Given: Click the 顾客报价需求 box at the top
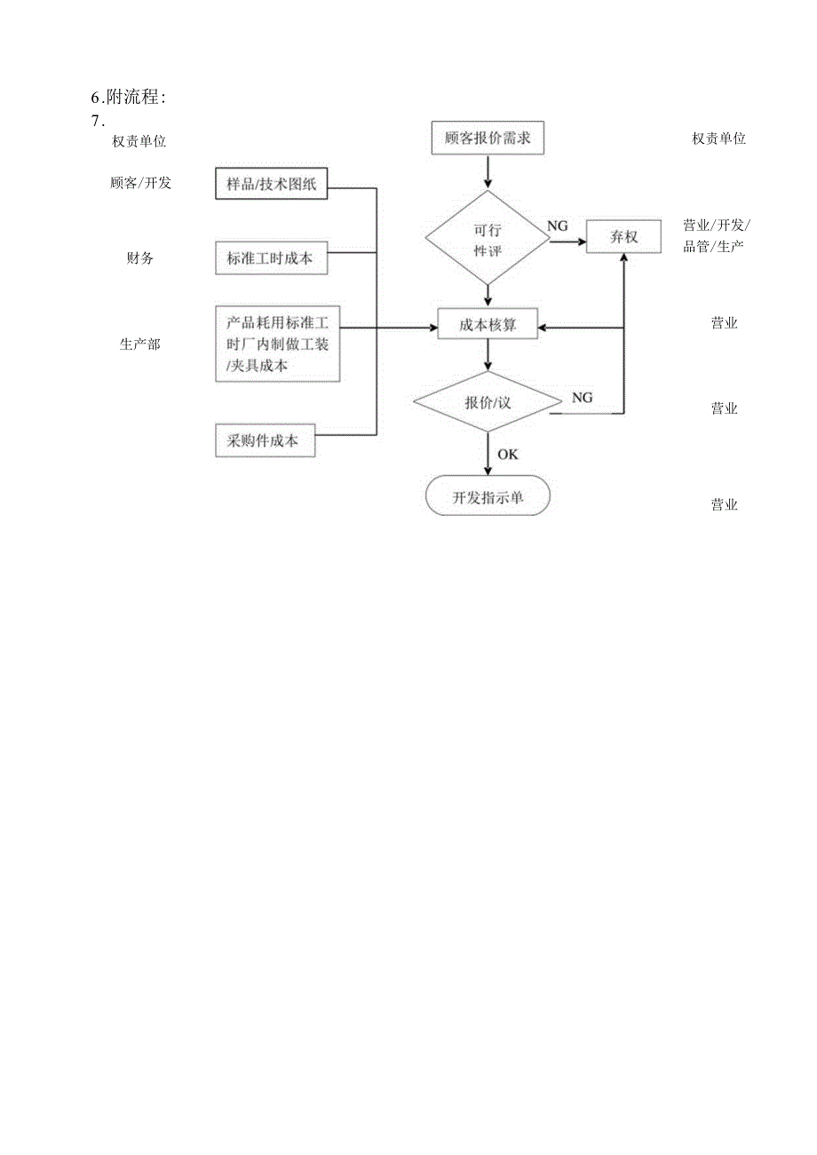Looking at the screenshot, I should coord(487,139).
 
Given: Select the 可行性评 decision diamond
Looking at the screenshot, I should coord(487,238).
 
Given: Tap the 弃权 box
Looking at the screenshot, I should coord(623,237).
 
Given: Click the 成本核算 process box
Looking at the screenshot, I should coord(488,326).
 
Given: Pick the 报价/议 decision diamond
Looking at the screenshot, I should coord(488,401).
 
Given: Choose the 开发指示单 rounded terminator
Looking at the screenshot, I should coord(488,497).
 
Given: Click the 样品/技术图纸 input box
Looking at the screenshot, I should coord(271,185).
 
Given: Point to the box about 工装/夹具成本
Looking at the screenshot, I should coord(277,344).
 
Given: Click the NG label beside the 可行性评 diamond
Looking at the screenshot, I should coord(557,226).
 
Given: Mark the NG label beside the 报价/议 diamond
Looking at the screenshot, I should coord(582,398).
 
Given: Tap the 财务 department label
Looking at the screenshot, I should coord(139,258).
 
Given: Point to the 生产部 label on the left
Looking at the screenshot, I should coord(139,344).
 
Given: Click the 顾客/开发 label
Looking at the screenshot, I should coord(140,184).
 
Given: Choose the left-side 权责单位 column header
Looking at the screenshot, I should coord(139,141).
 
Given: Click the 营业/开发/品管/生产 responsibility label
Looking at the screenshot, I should coord(716,235).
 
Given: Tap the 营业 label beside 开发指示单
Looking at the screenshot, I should coord(724,505).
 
